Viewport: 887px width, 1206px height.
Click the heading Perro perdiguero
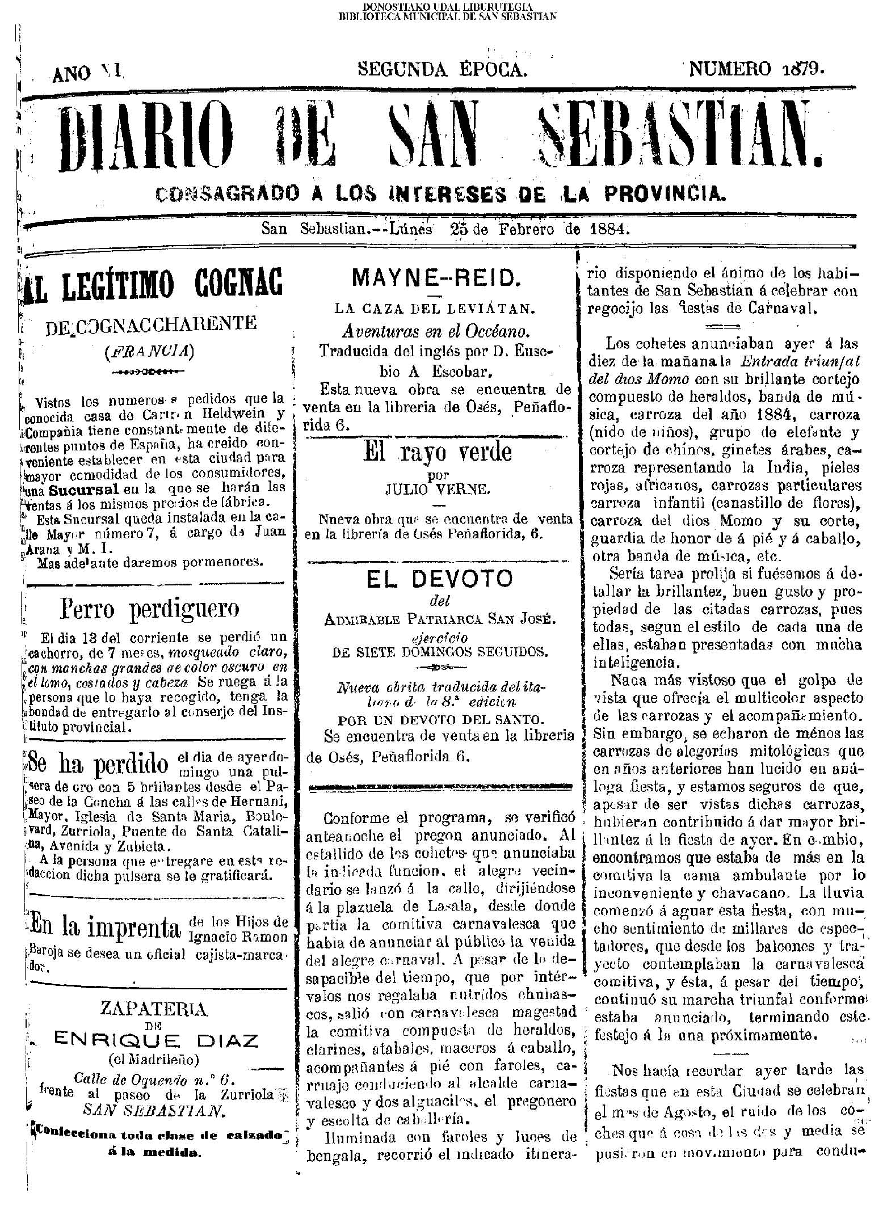point(149,609)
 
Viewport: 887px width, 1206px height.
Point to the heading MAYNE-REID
point(435,278)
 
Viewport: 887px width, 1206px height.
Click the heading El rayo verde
point(438,453)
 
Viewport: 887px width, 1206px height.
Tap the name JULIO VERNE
point(437,489)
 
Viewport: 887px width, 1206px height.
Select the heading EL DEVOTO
point(439,579)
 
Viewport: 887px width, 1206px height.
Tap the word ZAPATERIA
point(153,1009)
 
